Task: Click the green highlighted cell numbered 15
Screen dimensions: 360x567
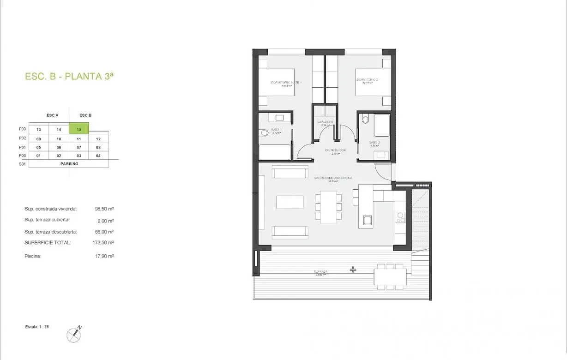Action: [x=79, y=130]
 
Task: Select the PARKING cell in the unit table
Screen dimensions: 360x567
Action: [x=69, y=164]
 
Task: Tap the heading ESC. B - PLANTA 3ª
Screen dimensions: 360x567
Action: [x=69, y=77]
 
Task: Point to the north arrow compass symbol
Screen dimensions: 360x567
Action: [x=74, y=334]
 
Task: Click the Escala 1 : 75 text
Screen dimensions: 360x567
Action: [x=37, y=327]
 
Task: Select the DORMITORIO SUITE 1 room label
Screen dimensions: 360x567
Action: [x=286, y=83]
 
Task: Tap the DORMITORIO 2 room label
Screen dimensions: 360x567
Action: [x=367, y=80]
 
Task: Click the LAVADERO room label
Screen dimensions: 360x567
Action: [x=325, y=122]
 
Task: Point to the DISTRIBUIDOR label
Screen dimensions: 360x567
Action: [x=335, y=150]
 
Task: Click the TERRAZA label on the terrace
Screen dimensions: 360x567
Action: [x=320, y=272]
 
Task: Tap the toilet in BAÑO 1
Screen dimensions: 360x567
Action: [x=264, y=133]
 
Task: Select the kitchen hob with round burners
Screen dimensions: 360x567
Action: [x=400, y=217]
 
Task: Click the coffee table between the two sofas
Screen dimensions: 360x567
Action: [x=290, y=202]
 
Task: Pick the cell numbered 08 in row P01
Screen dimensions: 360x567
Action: [x=98, y=147]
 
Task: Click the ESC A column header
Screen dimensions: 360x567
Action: [x=53, y=115]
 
